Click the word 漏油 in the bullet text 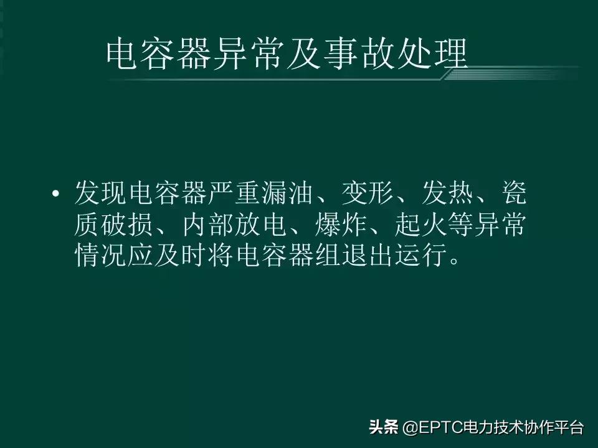point(289,195)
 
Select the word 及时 point(182,256)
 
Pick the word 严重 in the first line point(235,195)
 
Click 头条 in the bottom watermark point(383,427)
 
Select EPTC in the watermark point(435,428)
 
